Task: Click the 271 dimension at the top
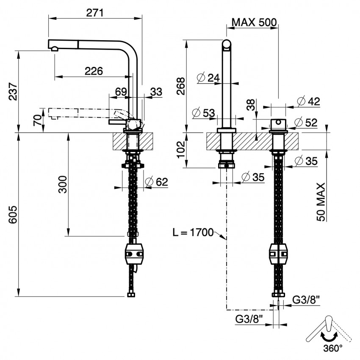click(x=95, y=13)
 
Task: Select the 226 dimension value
click(x=94, y=71)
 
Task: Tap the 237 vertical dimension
click(x=13, y=91)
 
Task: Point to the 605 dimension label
click(x=13, y=214)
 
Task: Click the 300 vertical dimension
click(x=62, y=184)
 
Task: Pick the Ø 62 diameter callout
click(x=157, y=182)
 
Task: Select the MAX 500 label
click(x=254, y=22)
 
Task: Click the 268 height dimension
click(x=181, y=86)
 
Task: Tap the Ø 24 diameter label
click(x=208, y=78)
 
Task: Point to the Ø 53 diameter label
click(x=203, y=113)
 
